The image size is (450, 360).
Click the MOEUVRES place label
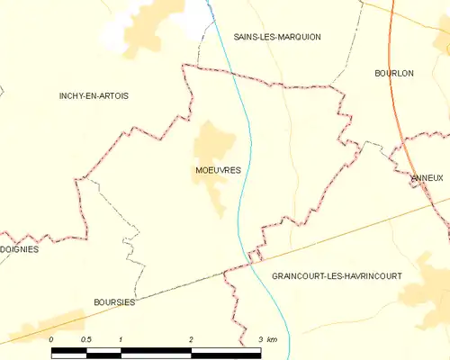pyautogui.click(x=217, y=169)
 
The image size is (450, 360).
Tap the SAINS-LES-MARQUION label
pyautogui.click(x=276, y=37)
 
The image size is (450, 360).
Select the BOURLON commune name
pyautogui.click(x=393, y=73)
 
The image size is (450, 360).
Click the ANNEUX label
pyautogui.click(x=427, y=178)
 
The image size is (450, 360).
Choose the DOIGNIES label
pyautogui.click(x=19, y=249)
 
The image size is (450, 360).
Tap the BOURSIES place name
pyautogui.click(x=114, y=302)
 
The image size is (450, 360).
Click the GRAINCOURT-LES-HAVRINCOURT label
pyautogui.click(x=337, y=276)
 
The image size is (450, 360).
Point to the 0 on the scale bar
pyautogui.click(x=51, y=338)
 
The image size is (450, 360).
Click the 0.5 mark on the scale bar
pyautogui.click(x=85, y=338)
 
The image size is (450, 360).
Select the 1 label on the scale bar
pyautogui.click(x=121, y=338)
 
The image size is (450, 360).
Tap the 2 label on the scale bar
pyautogui.click(x=191, y=338)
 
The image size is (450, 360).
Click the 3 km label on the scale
pyautogui.click(x=267, y=338)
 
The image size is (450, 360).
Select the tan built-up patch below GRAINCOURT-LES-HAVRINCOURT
pyautogui.click(x=425, y=297)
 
